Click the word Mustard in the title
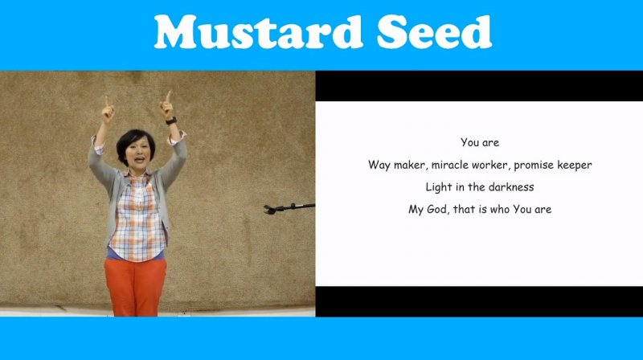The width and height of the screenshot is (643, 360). (x=258, y=32)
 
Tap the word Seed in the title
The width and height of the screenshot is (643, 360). (x=434, y=32)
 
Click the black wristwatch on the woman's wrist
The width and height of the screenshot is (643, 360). (x=171, y=121)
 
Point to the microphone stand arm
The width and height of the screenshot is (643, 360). (x=289, y=208)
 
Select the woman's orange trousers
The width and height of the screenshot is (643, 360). (x=135, y=287)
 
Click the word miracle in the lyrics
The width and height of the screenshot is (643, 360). (x=449, y=165)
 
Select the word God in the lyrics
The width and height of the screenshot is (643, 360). (x=437, y=210)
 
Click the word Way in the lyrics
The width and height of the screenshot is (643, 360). (x=379, y=166)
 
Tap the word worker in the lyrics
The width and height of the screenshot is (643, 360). (x=490, y=165)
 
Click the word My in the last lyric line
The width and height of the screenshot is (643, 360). (x=416, y=210)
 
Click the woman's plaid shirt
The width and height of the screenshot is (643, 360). (x=137, y=217)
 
